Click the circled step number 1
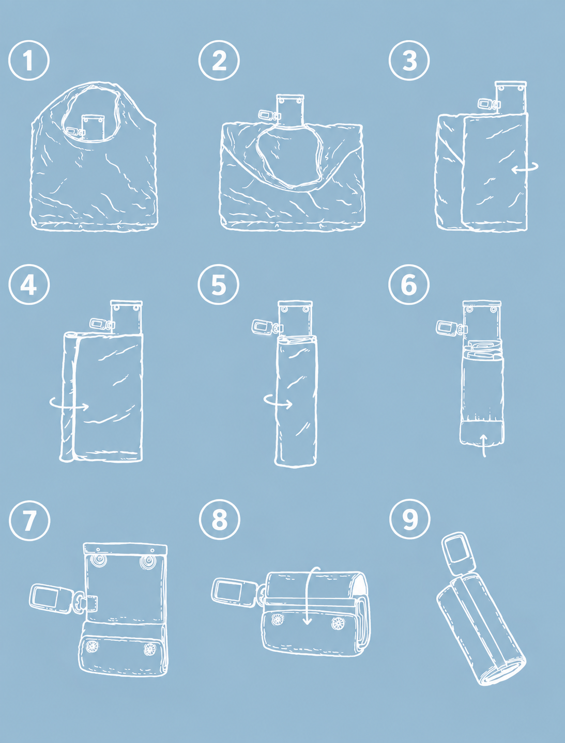29,60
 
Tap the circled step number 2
219,60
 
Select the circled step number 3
409,60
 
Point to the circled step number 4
29,284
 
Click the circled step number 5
219,284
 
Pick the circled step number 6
409,284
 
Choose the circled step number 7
29,520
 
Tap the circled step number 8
220,519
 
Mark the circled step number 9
410,519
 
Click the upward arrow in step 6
484,446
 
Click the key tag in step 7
50,598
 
